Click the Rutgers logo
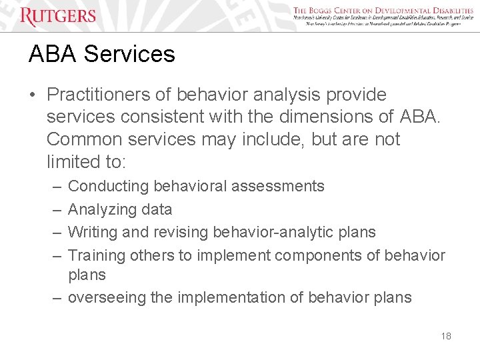(x=58, y=15)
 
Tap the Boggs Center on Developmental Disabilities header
(x=383, y=11)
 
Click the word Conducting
(x=109, y=186)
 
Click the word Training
(x=97, y=255)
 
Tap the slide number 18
(x=446, y=336)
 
